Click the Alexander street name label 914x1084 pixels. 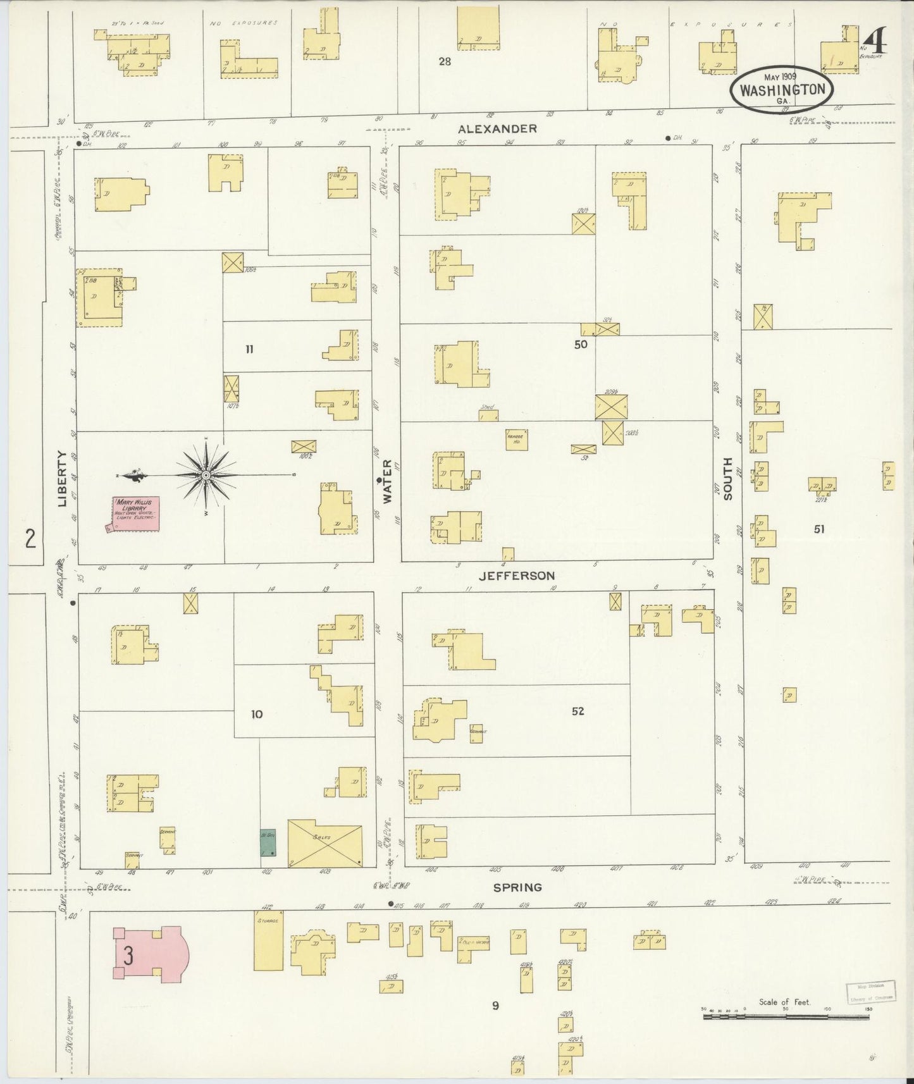pos(497,128)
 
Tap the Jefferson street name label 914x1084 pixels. pos(517,576)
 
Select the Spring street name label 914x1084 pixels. pos(517,887)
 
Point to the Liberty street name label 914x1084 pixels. pos(62,479)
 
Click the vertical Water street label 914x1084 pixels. pos(387,481)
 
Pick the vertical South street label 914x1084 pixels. pos(727,479)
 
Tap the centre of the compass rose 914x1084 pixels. pos(206,474)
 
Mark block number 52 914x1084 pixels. pos(577,711)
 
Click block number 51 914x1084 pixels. pos(819,529)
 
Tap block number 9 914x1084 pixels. pos(495,1005)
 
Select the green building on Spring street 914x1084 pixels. pos(268,842)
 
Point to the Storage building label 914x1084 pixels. pos(268,920)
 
